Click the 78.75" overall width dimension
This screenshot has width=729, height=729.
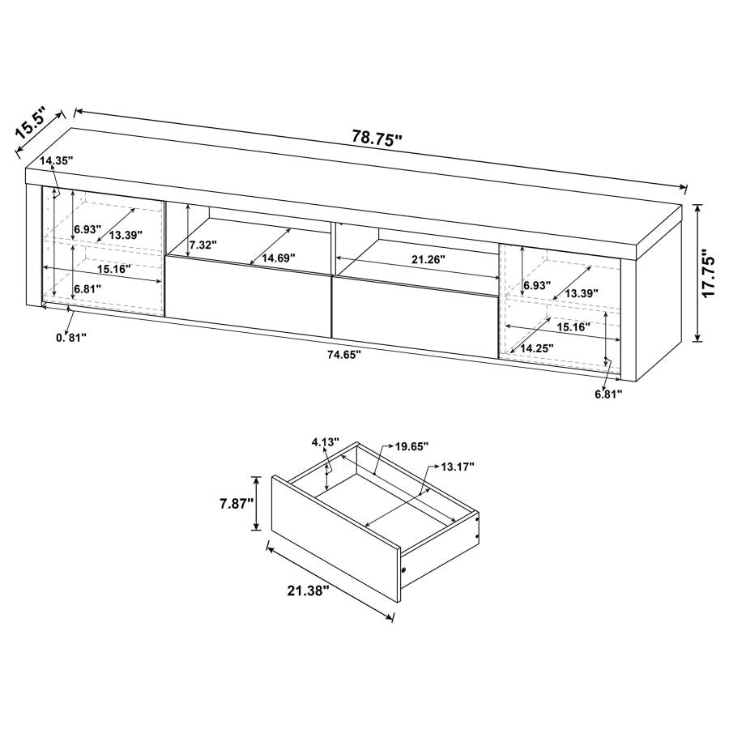tap(377, 138)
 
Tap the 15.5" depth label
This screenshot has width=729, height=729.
tap(34, 126)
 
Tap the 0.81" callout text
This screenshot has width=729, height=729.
tap(71, 337)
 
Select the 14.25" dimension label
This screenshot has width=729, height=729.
tap(536, 347)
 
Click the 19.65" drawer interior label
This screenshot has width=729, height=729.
tap(412, 446)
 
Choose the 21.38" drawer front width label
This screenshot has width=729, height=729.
tap(309, 591)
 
